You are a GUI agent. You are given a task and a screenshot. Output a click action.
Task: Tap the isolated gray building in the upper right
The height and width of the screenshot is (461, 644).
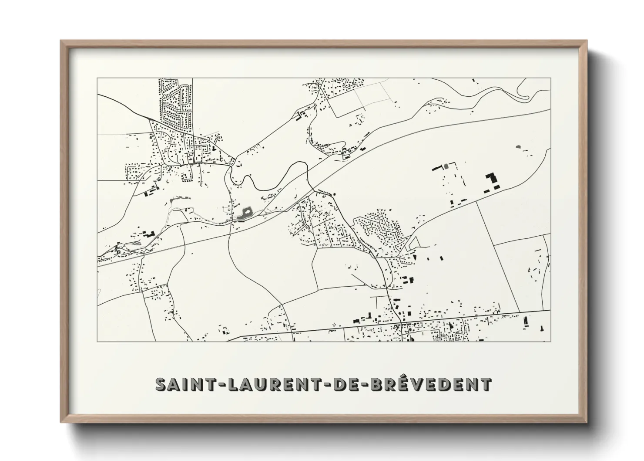518,147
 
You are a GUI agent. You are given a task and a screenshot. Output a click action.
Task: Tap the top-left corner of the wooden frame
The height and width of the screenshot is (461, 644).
61,41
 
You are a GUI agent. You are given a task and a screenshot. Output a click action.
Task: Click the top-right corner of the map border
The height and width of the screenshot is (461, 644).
551,78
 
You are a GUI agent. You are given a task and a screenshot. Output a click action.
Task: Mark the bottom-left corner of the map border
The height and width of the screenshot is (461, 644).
97,341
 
